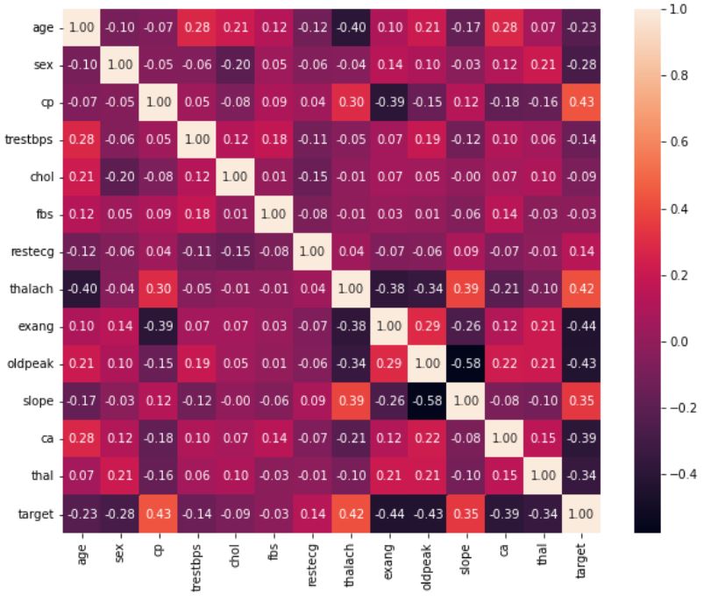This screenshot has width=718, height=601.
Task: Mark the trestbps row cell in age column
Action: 82,140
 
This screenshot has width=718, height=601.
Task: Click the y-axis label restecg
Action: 31,252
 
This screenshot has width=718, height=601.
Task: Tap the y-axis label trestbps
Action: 29,140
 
